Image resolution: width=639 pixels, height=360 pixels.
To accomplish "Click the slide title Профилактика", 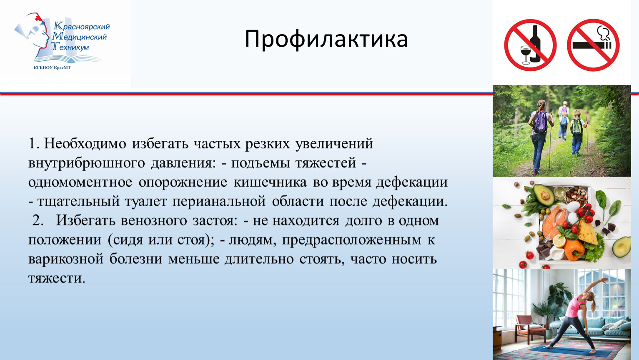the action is pyautogui.click(x=326, y=39).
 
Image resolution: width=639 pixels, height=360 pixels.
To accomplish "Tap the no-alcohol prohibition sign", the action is pyautogui.click(x=530, y=45).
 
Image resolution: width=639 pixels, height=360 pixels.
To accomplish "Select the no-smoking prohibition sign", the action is pyautogui.click(x=593, y=45).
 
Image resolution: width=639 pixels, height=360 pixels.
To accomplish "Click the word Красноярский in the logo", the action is pyautogui.click(x=82, y=27).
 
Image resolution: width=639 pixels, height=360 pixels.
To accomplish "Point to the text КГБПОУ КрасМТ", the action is pyautogui.click(x=52, y=67).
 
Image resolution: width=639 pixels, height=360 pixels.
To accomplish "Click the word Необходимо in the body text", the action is pyautogui.click(x=85, y=143).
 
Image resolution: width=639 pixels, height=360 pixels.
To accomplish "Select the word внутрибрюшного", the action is pyautogui.click(x=86, y=163).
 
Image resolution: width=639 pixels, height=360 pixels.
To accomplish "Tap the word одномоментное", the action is pyautogui.click(x=80, y=182).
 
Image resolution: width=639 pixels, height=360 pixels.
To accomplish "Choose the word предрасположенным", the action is pyautogui.click(x=351, y=240).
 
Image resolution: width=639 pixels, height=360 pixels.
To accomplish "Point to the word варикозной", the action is pyautogui.click(x=65, y=259).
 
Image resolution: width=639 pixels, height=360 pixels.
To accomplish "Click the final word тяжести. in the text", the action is pyautogui.click(x=57, y=278).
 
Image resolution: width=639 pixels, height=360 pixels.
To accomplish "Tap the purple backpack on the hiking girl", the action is pyautogui.click(x=540, y=122).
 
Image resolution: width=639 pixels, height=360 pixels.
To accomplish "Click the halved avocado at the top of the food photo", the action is pyautogui.click(x=544, y=195).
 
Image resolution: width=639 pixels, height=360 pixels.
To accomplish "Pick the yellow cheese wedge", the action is pyautogui.click(x=587, y=232).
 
